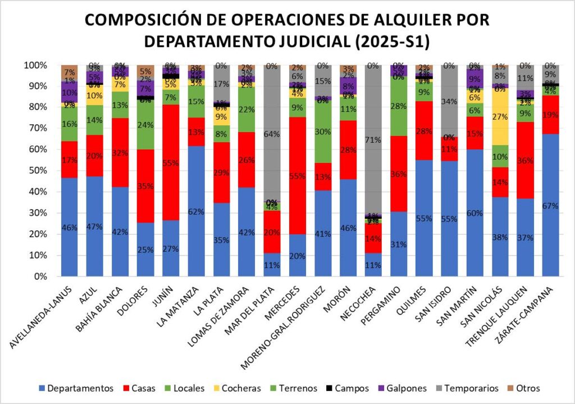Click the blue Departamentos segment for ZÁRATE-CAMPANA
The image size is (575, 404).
[x=550, y=205]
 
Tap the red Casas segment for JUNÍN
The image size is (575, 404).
[x=171, y=163]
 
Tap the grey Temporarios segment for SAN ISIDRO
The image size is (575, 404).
[x=449, y=101]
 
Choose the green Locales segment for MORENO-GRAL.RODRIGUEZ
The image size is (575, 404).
[x=322, y=131]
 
